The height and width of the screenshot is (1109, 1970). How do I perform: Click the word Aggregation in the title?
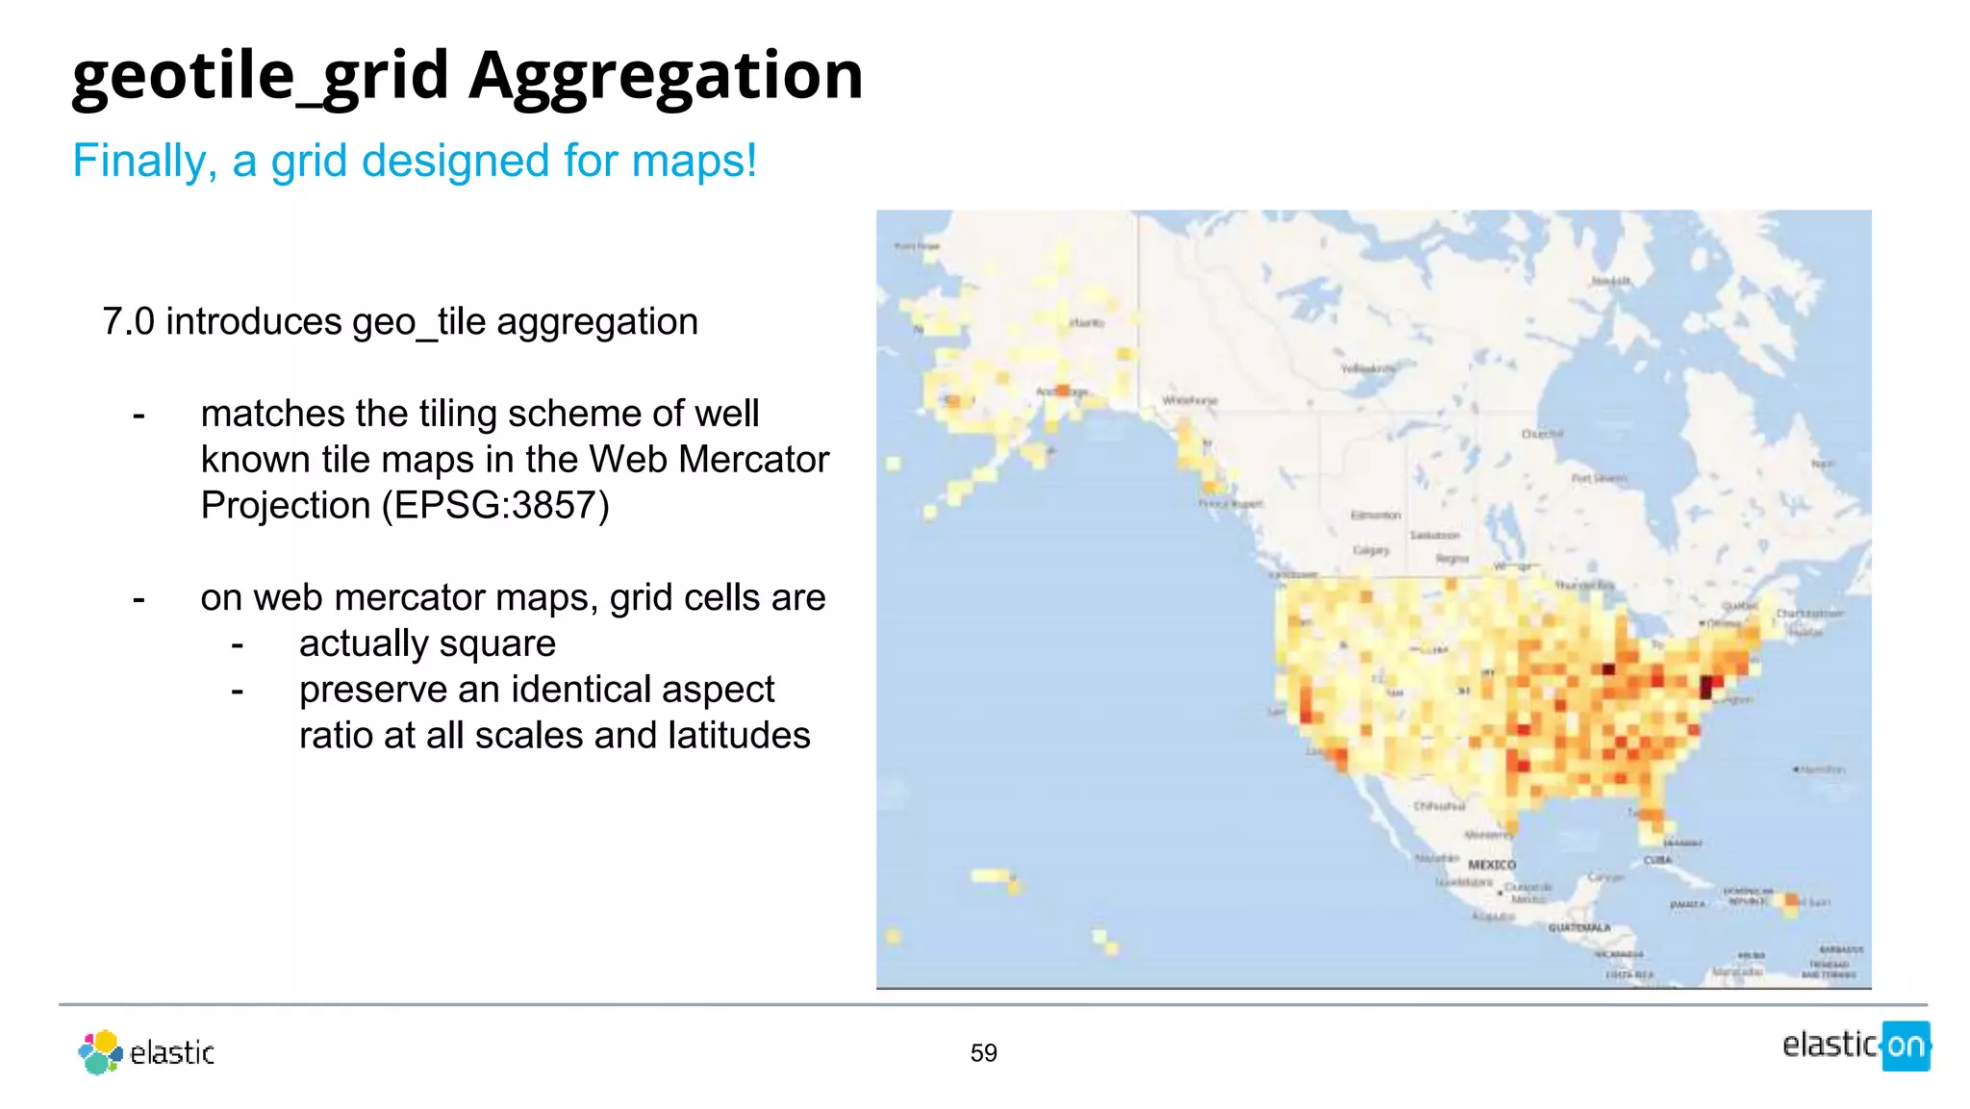[x=666, y=77]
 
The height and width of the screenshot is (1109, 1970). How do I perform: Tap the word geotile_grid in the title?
[x=260, y=77]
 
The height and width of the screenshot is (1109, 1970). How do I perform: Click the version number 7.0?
[x=128, y=322]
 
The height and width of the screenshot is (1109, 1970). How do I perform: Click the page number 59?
[x=983, y=1053]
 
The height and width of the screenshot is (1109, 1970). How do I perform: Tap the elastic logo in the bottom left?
[x=146, y=1052]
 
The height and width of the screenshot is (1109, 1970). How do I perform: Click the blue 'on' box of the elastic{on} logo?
[x=1906, y=1046]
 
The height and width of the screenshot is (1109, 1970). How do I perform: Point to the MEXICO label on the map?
[x=1492, y=866]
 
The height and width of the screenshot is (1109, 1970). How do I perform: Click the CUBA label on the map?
[x=1657, y=860]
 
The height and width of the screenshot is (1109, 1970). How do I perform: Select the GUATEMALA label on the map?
[x=1579, y=928]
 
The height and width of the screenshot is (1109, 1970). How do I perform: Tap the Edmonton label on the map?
[x=1376, y=516]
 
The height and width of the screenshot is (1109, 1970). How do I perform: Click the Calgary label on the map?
[x=1372, y=550]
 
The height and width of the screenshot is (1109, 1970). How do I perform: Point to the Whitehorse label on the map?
[x=1190, y=400]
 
